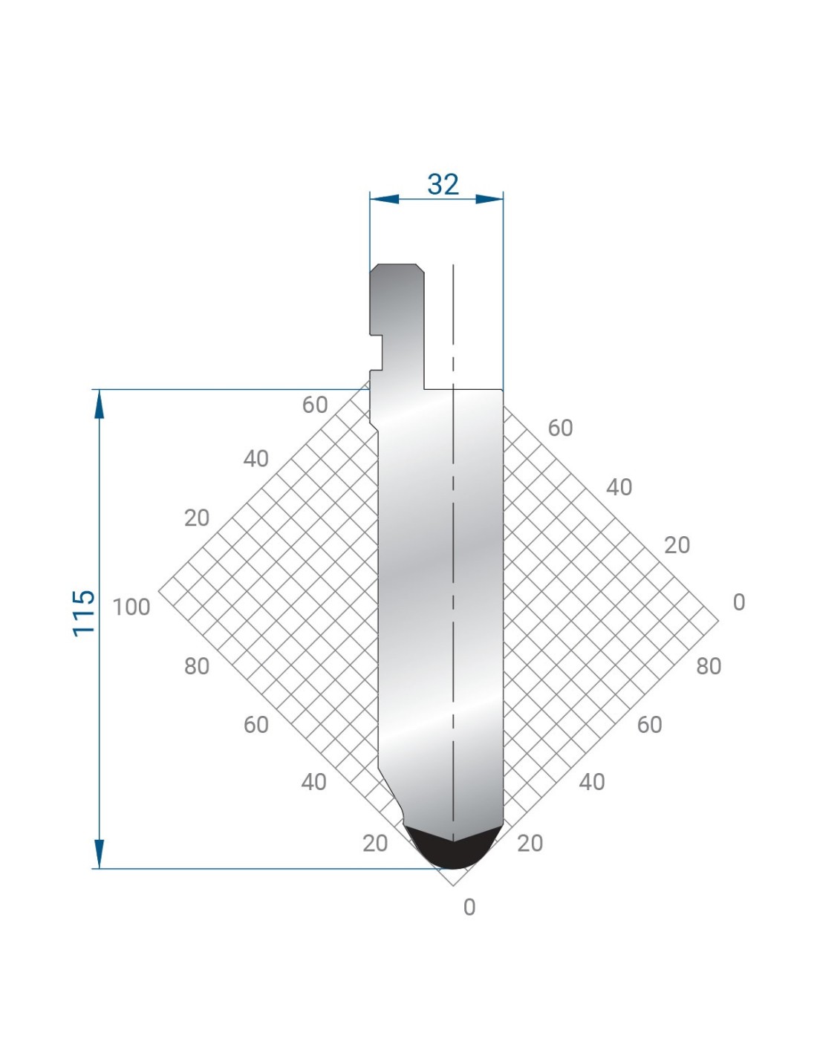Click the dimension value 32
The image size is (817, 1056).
pos(442,185)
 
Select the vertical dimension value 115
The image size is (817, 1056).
pos(84,613)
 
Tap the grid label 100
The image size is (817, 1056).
pos(131,607)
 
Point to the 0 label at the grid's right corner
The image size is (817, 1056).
pos(739,602)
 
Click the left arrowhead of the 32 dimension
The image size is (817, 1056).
pos(385,199)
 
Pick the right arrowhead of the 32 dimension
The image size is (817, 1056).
pos(489,199)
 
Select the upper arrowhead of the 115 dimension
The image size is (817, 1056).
pos(99,403)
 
